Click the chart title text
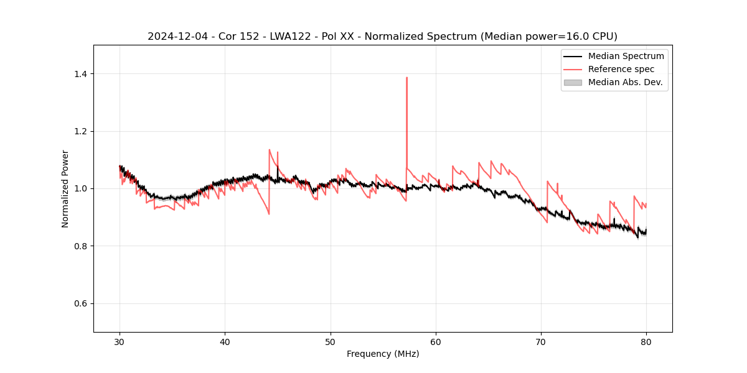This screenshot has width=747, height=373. pos(382,36)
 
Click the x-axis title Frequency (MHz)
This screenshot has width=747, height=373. pos(383,354)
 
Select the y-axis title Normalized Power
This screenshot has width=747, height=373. pos(65,188)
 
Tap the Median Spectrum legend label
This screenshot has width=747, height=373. pos(626,56)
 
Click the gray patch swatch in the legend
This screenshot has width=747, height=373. pos(572,82)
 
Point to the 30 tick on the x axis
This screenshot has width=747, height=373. pos(120,341)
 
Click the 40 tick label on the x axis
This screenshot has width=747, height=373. pos(225,341)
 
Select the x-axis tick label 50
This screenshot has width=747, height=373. pos(331,341)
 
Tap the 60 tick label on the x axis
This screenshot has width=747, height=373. pos(436,341)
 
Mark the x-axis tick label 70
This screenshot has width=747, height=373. pos(541,341)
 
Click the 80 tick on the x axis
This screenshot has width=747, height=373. pos(646,341)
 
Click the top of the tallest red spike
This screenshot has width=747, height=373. pos(406,78)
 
